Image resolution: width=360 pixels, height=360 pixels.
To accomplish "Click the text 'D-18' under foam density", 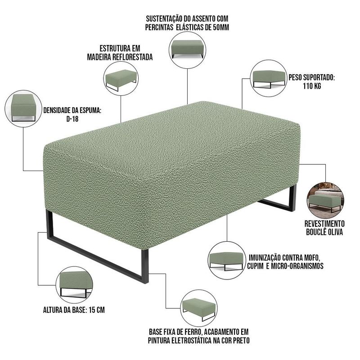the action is (x=72, y=119).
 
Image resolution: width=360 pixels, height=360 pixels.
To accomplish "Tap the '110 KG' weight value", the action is (x=312, y=86).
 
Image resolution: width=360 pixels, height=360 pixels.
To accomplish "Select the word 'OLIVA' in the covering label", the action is (x=333, y=232).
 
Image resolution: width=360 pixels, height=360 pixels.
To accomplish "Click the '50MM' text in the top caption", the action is (x=221, y=27).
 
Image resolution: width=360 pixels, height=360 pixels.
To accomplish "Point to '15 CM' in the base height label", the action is (x=97, y=310).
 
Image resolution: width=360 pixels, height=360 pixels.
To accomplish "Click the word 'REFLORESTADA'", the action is (x=133, y=57).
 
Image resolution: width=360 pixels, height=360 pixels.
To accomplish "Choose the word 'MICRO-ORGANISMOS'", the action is (x=297, y=266).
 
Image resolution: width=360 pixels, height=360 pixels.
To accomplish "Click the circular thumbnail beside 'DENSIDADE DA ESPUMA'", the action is (x=23, y=108).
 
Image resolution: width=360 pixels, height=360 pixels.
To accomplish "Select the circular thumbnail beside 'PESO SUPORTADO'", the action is (x=269, y=78).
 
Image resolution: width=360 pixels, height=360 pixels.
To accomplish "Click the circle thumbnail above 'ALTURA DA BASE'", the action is (x=74, y=285).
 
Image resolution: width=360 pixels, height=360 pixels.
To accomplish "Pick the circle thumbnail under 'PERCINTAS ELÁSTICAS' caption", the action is (x=187, y=50).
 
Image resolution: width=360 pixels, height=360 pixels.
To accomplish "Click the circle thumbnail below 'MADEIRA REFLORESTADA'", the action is (x=121, y=78).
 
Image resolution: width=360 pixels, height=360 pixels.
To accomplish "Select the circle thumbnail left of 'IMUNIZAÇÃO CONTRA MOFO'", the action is (x=227, y=261).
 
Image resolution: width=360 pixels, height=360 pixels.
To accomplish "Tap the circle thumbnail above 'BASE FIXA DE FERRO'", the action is (x=199, y=308).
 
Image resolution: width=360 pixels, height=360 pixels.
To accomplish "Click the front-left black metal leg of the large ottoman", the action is (x=97, y=257).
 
